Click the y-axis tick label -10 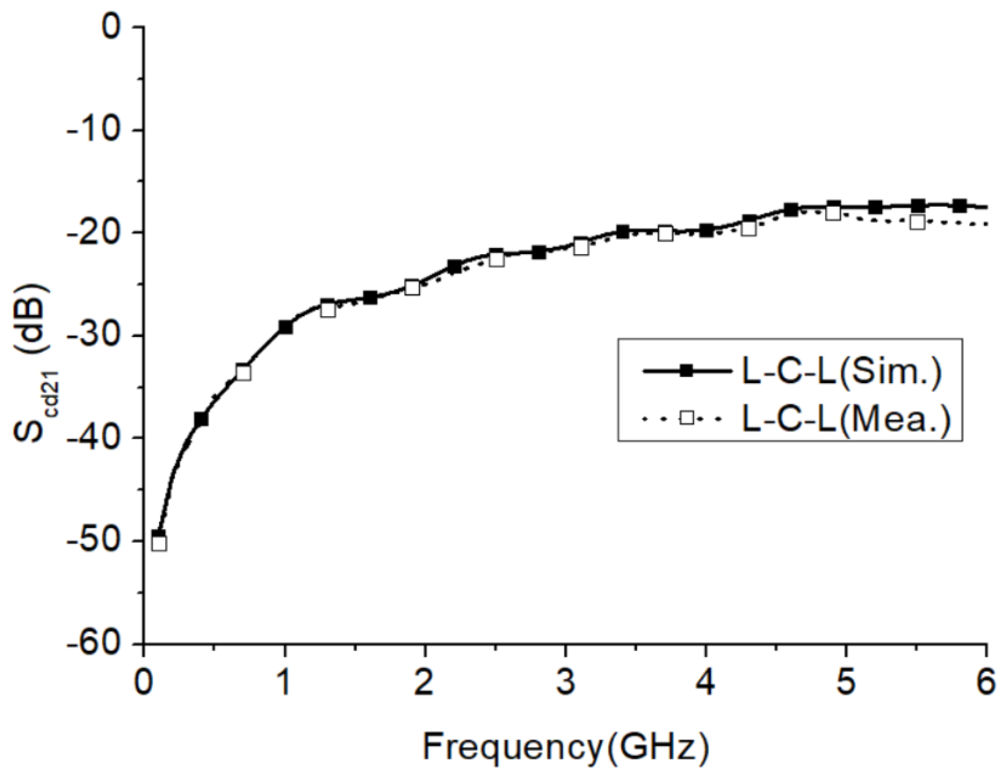point(94,131)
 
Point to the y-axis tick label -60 point(94,643)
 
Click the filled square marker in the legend point(687,371)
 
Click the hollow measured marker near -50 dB point(159,544)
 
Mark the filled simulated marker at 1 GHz point(285,328)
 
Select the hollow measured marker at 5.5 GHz point(917,222)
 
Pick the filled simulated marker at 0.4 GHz point(201,419)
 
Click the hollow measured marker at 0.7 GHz point(244,372)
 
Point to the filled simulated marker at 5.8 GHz point(960,206)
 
